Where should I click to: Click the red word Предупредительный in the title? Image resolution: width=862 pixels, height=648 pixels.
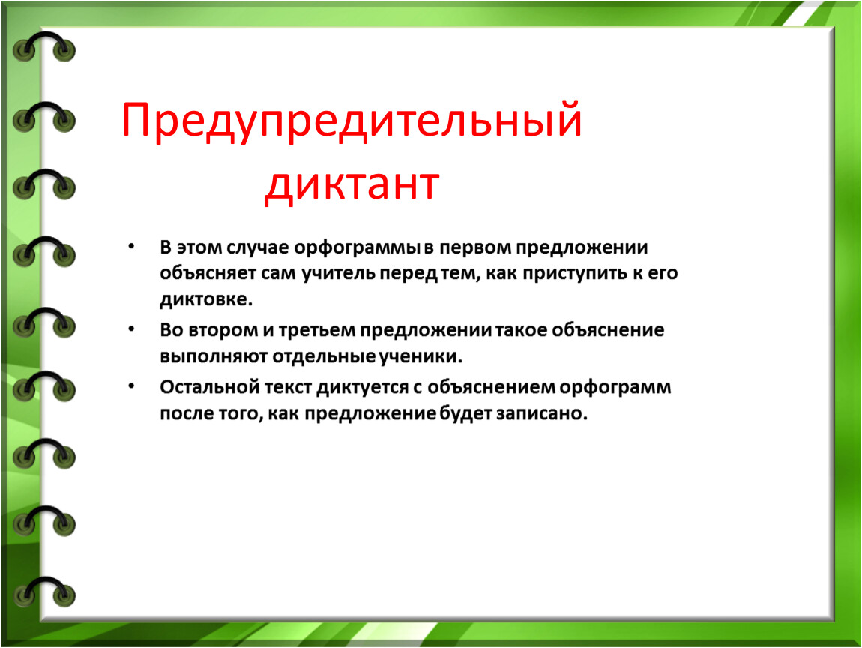coord(352,121)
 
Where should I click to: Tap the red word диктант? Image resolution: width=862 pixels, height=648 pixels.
coord(352,184)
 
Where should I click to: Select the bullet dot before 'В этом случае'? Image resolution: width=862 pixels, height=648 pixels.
coord(131,246)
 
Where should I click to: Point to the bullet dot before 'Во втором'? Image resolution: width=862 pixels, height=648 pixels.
coord(131,328)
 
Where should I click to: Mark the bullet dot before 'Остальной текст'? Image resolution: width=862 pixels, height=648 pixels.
coord(131,385)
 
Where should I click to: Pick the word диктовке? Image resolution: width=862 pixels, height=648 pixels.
coord(206,299)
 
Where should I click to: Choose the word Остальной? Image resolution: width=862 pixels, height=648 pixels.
coord(209,387)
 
